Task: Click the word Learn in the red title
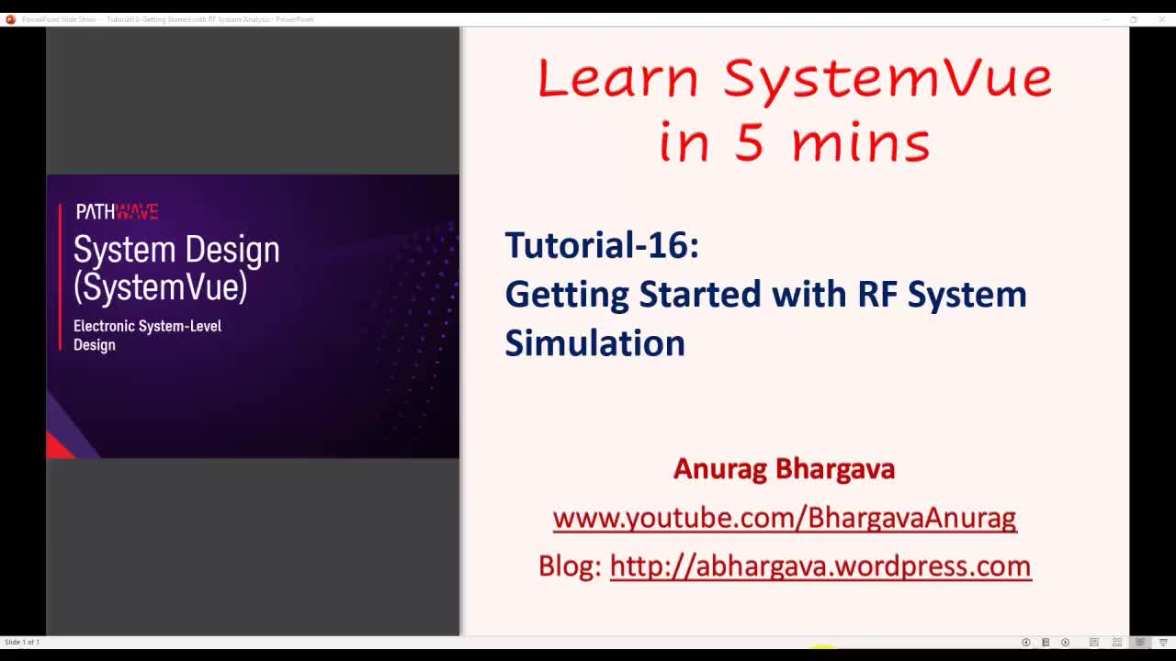click(x=617, y=78)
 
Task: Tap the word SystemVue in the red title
click(x=888, y=78)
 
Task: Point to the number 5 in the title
click(x=748, y=143)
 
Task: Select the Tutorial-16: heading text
click(x=602, y=245)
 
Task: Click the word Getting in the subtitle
click(x=567, y=295)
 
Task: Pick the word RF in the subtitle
click(x=877, y=295)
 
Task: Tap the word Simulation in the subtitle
click(x=594, y=343)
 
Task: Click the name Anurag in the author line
click(x=719, y=468)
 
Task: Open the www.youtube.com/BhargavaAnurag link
click(x=784, y=518)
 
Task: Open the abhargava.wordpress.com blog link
click(x=820, y=566)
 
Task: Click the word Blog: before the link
click(x=570, y=566)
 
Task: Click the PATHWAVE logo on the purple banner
click(x=117, y=212)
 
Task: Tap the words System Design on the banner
click(x=176, y=250)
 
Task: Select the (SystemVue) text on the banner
click(x=161, y=287)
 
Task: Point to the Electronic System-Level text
click(x=147, y=326)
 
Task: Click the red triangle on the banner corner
click(x=59, y=447)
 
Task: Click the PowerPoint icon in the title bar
click(x=11, y=19)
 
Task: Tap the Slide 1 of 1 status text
click(x=22, y=642)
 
